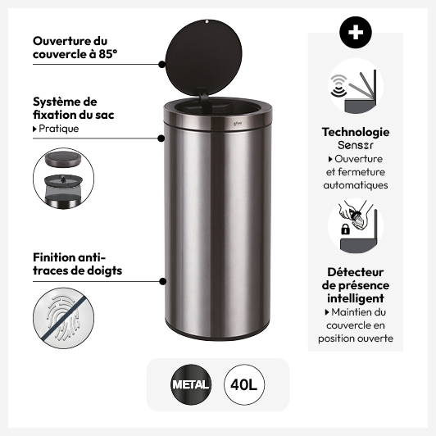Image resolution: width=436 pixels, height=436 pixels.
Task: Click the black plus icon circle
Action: click(x=356, y=32)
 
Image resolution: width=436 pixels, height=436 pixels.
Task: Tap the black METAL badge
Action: click(x=191, y=384)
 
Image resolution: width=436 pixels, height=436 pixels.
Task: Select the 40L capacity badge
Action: click(x=244, y=384)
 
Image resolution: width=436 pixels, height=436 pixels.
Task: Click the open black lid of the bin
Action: click(x=204, y=57)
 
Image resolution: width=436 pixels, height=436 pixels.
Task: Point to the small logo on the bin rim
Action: click(x=238, y=123)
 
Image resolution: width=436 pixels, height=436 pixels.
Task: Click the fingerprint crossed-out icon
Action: click(x=63, y=318)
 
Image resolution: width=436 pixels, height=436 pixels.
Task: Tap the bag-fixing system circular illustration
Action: click(x=63, y=179)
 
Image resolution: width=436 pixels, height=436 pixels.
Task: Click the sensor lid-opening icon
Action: click(x=356, y=86)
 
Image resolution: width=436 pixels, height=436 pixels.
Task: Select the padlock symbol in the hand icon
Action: click(x=345, y=229)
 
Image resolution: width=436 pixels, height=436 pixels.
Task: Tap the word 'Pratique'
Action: click(x=59, y=129)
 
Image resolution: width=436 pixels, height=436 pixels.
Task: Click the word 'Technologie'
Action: click(x=356, y=133)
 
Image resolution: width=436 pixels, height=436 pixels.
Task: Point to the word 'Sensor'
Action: click(x=356, y=145)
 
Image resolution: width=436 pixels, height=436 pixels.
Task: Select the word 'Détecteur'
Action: click(x=356, y=272)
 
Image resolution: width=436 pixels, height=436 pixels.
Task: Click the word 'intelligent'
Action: click(x=356, y=298)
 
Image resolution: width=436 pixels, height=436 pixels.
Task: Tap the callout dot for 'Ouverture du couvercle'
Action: click(x=161, y=65)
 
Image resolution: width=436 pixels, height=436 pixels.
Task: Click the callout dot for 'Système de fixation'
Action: click(x=161, y=139)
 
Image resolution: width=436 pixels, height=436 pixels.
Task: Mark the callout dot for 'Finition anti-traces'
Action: click(x=163, y=281)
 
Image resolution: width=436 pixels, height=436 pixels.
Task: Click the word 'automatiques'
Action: click(x=356, y=185)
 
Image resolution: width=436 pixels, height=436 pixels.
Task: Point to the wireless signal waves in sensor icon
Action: click(x=338, y=84)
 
